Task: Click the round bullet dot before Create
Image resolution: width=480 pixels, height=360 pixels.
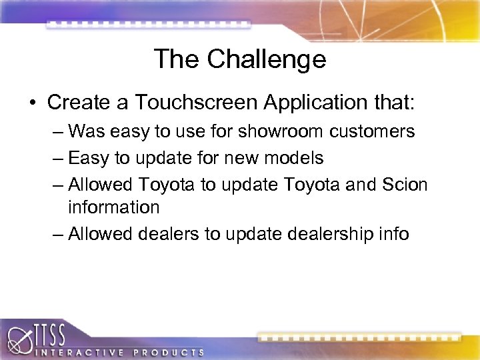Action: (x=33, y=103)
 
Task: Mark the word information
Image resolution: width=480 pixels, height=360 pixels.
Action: (x=113, y=207)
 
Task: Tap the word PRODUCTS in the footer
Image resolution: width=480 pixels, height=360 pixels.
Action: (x=169, y=351)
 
